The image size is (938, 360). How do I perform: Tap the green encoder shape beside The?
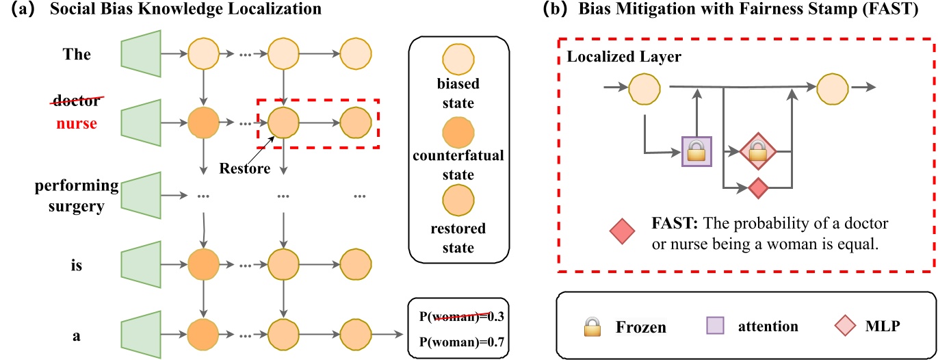(x=140, y=53)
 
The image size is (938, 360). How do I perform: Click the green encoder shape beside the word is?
(x=140, y=264)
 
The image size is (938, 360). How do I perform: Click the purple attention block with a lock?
(x=696, y=152)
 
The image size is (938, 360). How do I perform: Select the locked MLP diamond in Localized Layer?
(x=756, y=152)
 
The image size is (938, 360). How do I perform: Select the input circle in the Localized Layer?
(x=644, y=87)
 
